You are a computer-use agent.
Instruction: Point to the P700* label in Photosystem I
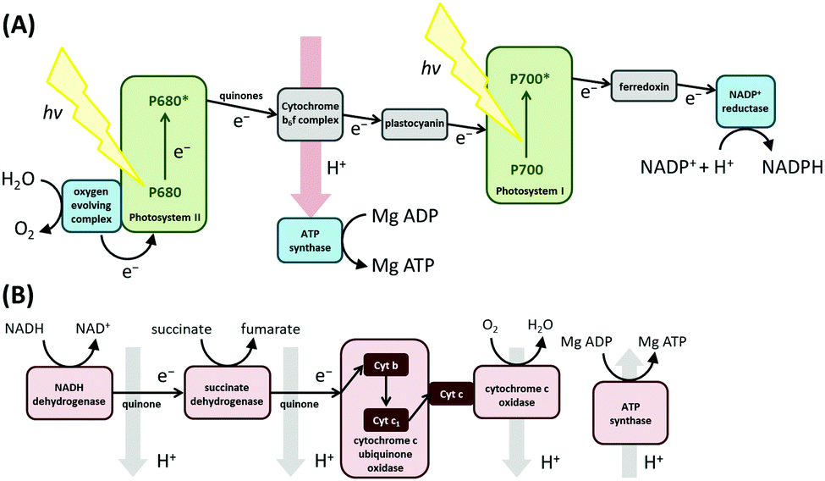(x=530, y=78)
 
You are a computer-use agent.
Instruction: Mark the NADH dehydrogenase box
(x=70, y=392)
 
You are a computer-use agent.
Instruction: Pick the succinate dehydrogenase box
(x=225, y=392)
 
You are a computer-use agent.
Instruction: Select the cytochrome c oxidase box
(x=510, y=392)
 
